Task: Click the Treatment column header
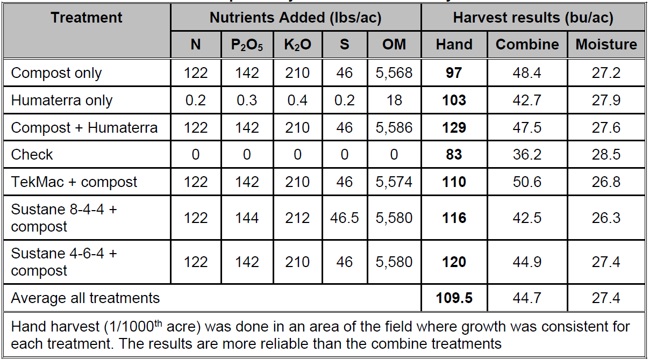[x=87, y=18]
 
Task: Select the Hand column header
[x=454, y=45]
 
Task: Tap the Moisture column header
[x=606, y=45]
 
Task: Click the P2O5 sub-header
[x=247, y=45]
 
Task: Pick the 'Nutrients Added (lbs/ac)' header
[x=295, y=18]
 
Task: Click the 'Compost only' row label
[x=56, y=73]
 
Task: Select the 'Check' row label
[x=32, y=155]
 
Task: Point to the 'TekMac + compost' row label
[x=74, y=182]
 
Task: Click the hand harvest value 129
[x=454, y=128]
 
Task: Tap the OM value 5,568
[x=394, y=73]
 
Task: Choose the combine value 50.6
[x=527, y=182]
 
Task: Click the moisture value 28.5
[x=606, y=155]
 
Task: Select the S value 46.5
[x=344, y=218]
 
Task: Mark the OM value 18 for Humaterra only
[x=394, y=100]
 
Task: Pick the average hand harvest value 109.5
[x=454, y=298]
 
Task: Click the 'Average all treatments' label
[x=85, y=298]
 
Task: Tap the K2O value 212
[x=298, y=218]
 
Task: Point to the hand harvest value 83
[x=454, y=155]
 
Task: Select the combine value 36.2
[x=527, y=155]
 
